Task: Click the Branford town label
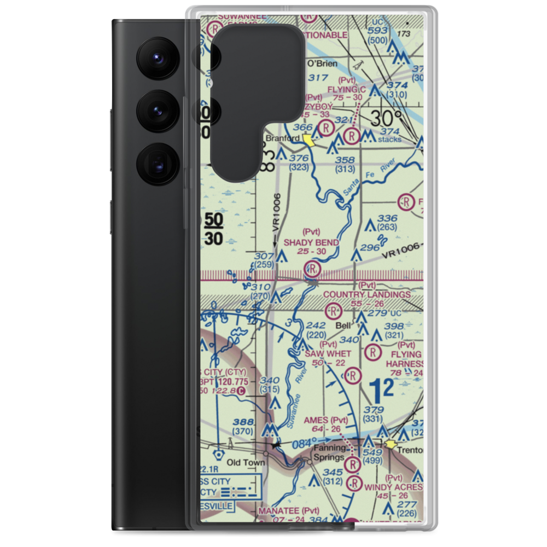[283, 138]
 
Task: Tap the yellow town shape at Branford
[309, 141]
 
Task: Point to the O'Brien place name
[322, 63]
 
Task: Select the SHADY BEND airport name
[311, 242]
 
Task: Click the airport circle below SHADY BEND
[312, 268]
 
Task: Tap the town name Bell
[343, 325]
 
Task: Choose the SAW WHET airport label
[328, 353]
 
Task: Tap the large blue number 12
[381, 389]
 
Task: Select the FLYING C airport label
[346, 89]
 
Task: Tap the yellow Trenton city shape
[392, 445]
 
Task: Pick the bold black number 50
[214, 220]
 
